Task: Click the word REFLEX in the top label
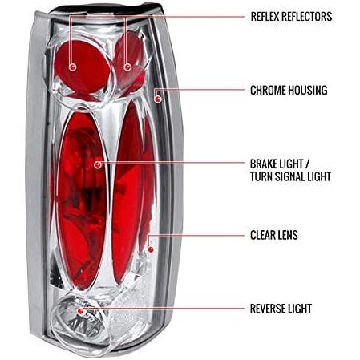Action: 265,17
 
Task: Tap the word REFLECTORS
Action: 307,17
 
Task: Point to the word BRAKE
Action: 263,164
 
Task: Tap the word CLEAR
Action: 263,235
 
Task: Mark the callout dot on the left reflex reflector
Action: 72,67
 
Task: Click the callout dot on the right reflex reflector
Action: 127,67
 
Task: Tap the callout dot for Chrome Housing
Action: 158,99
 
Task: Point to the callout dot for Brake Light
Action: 98,164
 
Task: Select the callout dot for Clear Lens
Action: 151,249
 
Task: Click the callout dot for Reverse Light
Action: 80,311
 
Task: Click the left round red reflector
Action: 83,67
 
